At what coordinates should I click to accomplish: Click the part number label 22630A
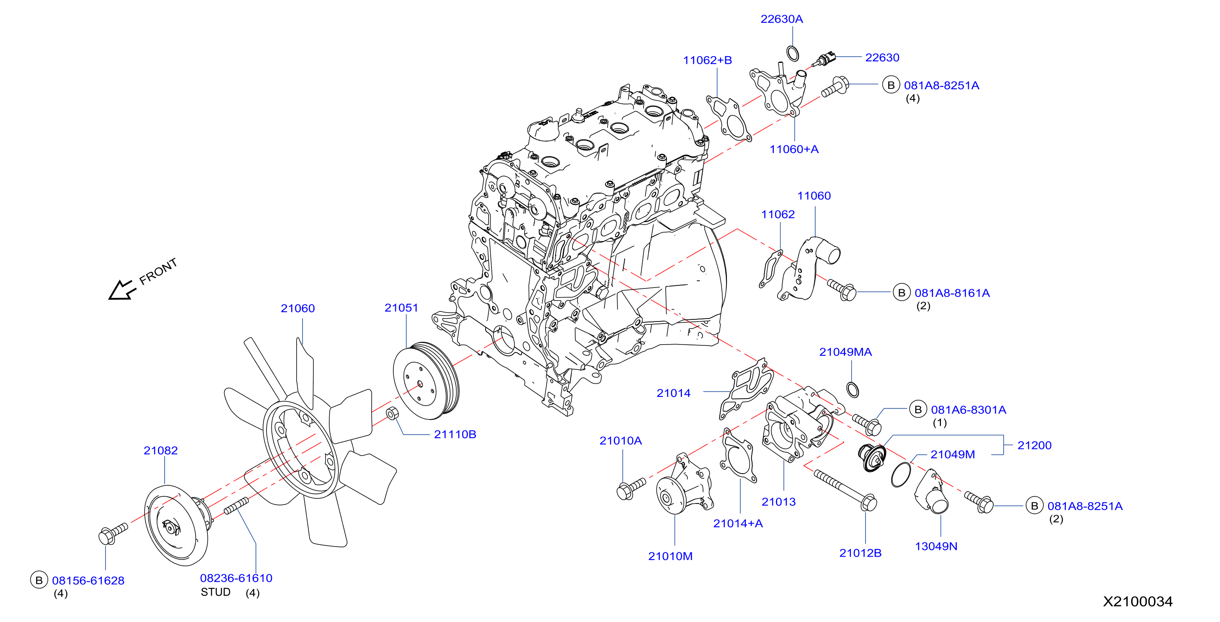(x=781, y=19)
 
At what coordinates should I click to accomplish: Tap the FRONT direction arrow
(x=122, y=290)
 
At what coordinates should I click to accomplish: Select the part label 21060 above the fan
(x=297, y=308)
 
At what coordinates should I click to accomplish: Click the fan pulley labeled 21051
(x=426, y=381)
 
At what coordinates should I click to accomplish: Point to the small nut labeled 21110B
(x=393, y=413)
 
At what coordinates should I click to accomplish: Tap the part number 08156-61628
(x=88, y=581)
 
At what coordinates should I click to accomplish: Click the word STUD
(x=215, y=592)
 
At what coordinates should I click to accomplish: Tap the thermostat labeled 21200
(x=872, y=458)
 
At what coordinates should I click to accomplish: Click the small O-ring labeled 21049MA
(x=853, y=389)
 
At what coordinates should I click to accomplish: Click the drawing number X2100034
(x=1137, y=601)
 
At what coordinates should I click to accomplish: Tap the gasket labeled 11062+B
(x=729, y=119)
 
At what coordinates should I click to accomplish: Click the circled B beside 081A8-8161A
(x=902, y=293)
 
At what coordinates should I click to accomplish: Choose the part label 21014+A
(x=738, y=524)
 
